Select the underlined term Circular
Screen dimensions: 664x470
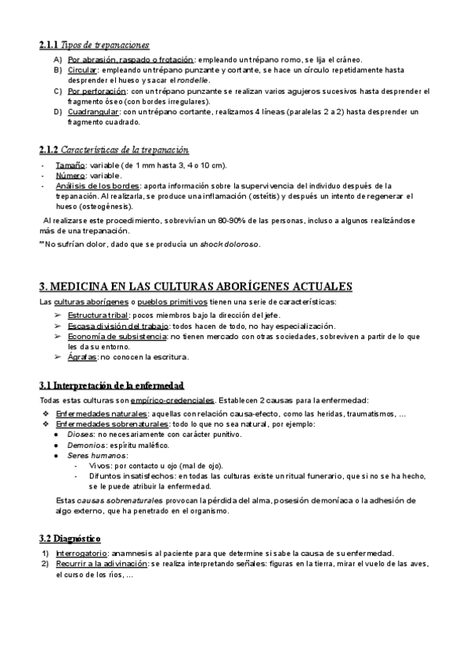coord(81,70)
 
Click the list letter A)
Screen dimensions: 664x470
coord(57,60)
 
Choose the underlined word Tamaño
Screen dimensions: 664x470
coord(70,165)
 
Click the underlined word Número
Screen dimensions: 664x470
coord(70,175)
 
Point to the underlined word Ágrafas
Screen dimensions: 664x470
coord(83,357)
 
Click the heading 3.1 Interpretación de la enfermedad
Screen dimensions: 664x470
coord(112,385)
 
